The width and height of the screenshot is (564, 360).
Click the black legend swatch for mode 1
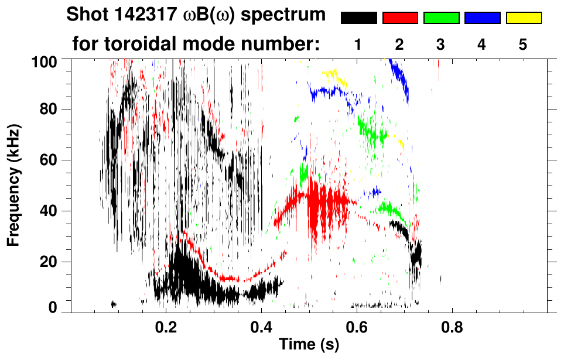(359, 18)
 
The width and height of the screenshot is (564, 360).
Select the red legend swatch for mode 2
(400, 18)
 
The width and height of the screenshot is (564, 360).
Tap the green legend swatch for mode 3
(441, 18)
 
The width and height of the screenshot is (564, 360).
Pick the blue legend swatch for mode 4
(482, 18)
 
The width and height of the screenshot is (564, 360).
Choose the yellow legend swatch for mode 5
(523, 18)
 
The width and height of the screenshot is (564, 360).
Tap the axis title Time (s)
(308, 345)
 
